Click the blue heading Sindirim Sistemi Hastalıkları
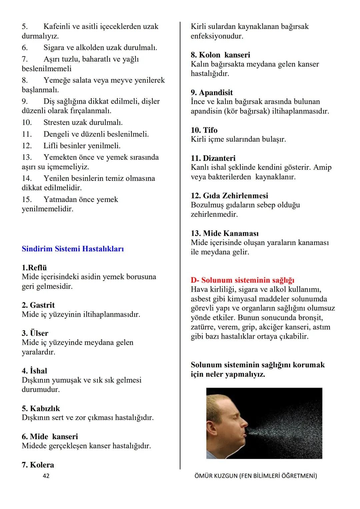[x=73, y=249]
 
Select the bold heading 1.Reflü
[x=34, y=268]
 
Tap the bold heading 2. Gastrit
[x=38, y=305]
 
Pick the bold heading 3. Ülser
[x=35, y=333]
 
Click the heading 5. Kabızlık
[x=41, y=408]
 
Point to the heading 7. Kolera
[x=38, y=465]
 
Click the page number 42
[x=46, y=476]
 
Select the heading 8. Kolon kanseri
[x=220, y=55]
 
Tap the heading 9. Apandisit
[x=212, y=92]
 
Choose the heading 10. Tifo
[x=204, y=130]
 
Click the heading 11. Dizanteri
[x=213, y=158]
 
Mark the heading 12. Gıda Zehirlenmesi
[x=229, y=196]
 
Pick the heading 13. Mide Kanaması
[x=224, y=233]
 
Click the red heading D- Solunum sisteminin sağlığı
[x=242, y=280]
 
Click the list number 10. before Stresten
[x=27, y=122]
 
